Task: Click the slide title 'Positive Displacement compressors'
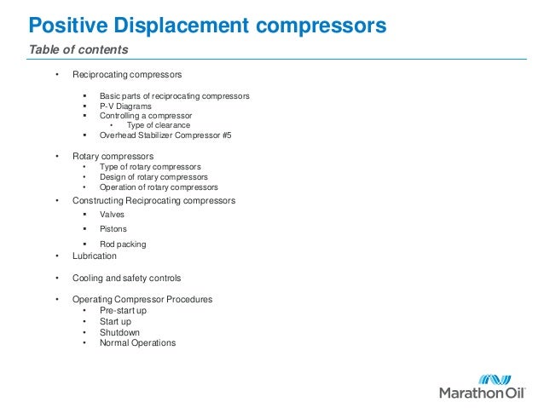click(x=202, y=24)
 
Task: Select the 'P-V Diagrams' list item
click(x=125, y=106)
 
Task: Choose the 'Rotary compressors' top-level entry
click(x=113, y=157)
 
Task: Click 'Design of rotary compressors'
click(x=153, y=177)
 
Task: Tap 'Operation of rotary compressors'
click(x=159, y=187)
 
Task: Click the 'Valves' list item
click(x=112, y=215)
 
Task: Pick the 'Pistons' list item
click(x=113, y=230)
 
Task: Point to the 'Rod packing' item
click(x=123, y=244)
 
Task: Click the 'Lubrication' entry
click(x=95, y=256)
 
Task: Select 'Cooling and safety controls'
click(x=126, y=279)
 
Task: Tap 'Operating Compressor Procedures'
click(x=142, y=300)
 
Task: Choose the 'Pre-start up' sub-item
click(x=123, y=311)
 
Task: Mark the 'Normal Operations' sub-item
click(x=137, y=343)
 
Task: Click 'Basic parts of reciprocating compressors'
click(x=174, y=96)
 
